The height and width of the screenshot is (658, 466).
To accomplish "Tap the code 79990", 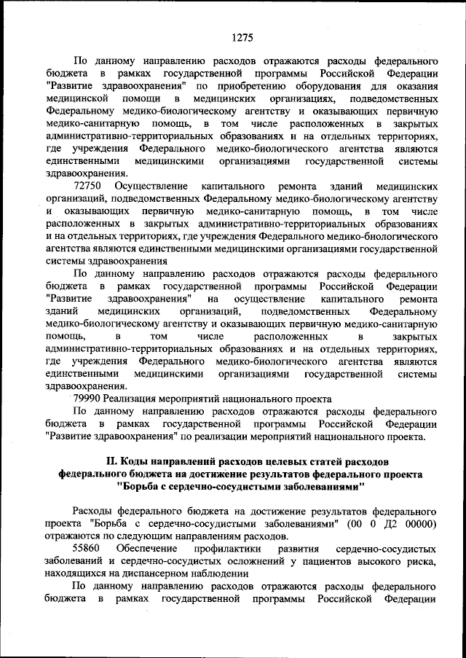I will (x=88, y=399).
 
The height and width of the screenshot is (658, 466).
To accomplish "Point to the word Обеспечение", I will (x=146, y=547).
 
